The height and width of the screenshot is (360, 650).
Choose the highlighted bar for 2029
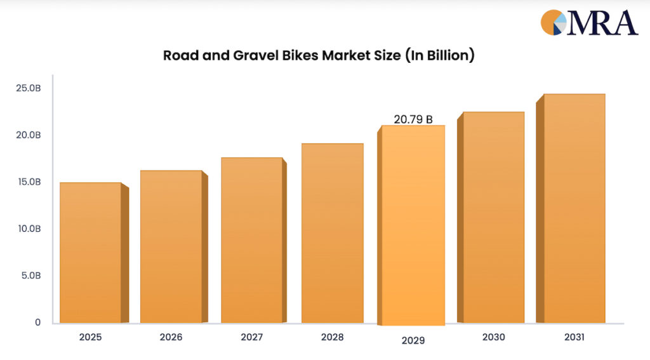pyautogui.click(x=413, y=225)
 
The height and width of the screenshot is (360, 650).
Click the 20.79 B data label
pyautogui.click(x=413, y=119)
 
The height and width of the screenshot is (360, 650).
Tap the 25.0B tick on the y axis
pyautogui.click(x=29, y=88)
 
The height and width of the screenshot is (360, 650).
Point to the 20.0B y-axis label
pyautogui.click(x=29, y=135)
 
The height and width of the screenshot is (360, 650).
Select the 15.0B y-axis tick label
pyautogui.click(x=29, y=182)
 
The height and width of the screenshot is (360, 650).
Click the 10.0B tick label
pyautogui.click(x=29, y=229)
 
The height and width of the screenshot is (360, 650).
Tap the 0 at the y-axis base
pyautogui.click(x=37, y=323)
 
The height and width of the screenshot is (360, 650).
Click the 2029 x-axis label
pyautogui.click(x=413, y=341)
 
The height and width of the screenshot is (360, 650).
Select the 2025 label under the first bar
pyautogui.click(x=90, y=337)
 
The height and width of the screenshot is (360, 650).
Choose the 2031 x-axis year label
pyautogui.click(x=574, y=337)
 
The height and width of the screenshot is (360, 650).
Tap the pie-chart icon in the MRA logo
pyautogui.click(x=553, y=22)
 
